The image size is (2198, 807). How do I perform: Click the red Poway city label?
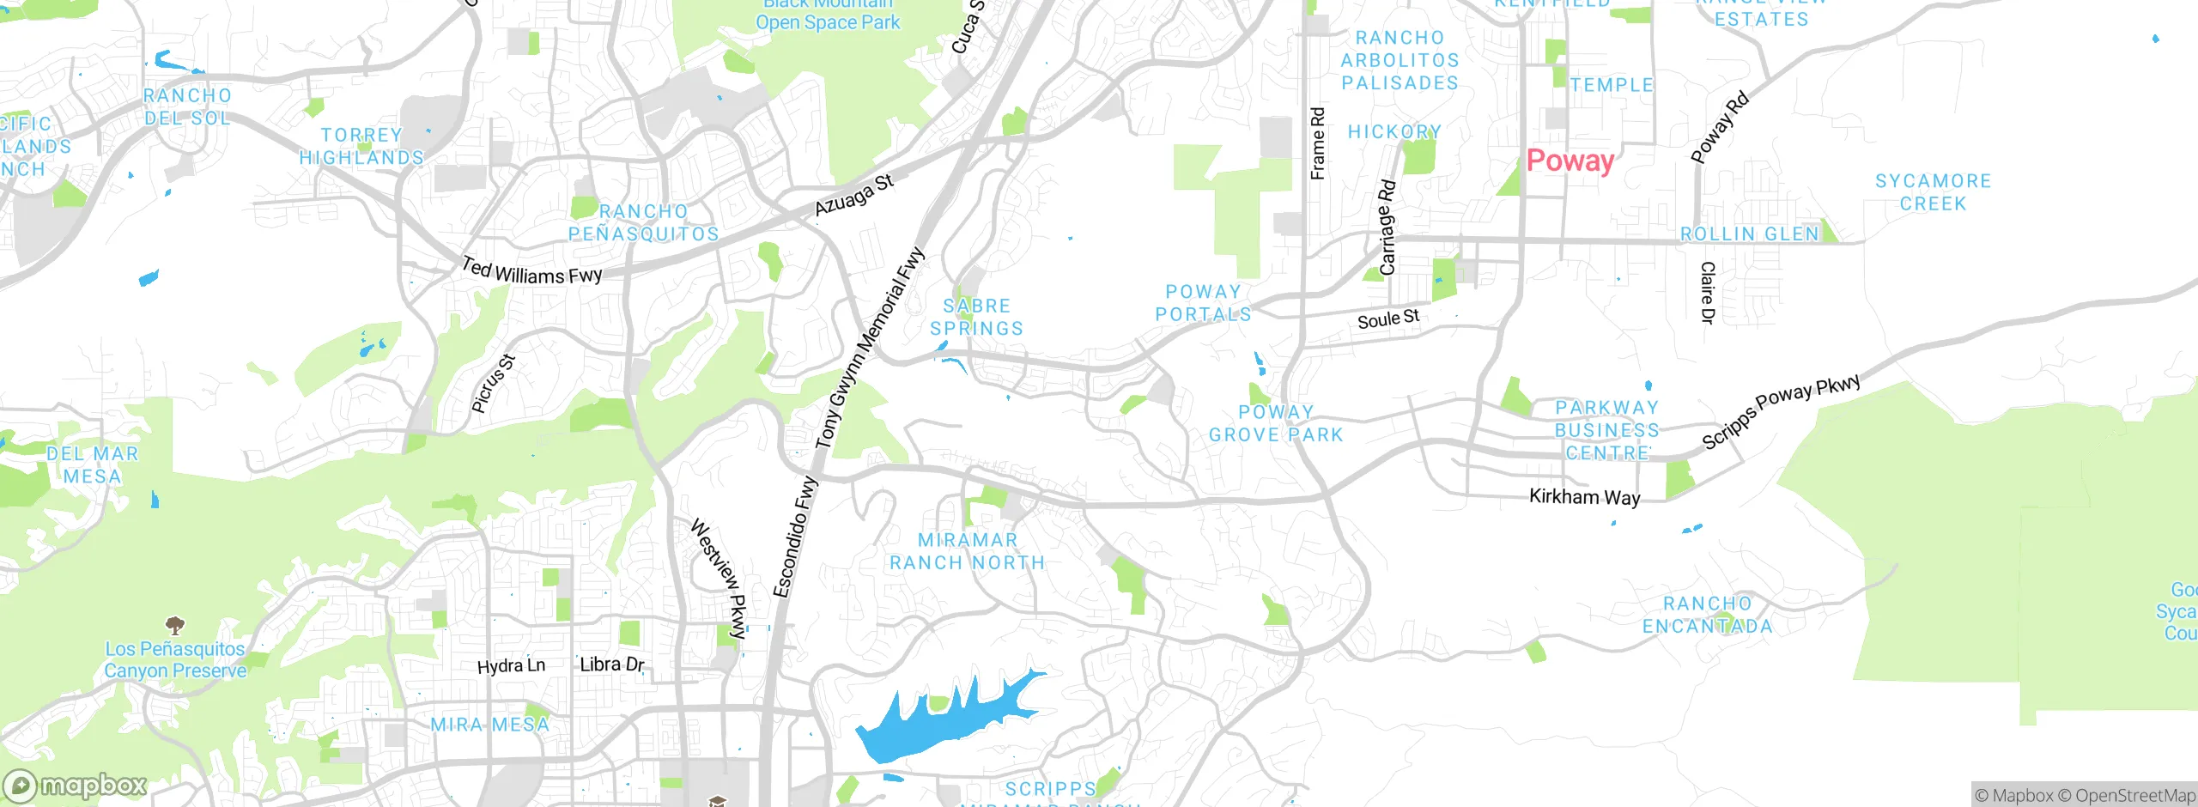pos(1570,161)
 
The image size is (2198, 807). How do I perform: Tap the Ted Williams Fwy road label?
pos(531,272)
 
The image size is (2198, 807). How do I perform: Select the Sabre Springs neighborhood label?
pos(977,317)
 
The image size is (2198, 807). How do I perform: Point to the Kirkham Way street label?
pos(1584,497)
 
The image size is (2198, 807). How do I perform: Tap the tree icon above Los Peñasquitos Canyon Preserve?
pos(174,624)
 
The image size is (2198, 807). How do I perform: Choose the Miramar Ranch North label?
pos(968,551)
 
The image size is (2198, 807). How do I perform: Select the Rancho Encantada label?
pos(1708,615)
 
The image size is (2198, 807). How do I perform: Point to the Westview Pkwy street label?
pos(720,579)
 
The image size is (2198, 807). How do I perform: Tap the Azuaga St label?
pos(853,195)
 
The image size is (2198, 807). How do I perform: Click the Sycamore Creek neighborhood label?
pos(1933,192)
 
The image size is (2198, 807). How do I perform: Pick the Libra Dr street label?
pos(611,664)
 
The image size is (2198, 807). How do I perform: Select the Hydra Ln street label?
pos(511,666)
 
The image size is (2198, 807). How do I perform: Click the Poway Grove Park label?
pos(1276,423)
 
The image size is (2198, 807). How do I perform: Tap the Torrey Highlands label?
pos(361,146)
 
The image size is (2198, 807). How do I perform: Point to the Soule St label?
pos(1387,319)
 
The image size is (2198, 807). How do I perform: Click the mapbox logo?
pos(76,785)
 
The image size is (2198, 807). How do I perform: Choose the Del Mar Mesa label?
pos(92,464)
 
